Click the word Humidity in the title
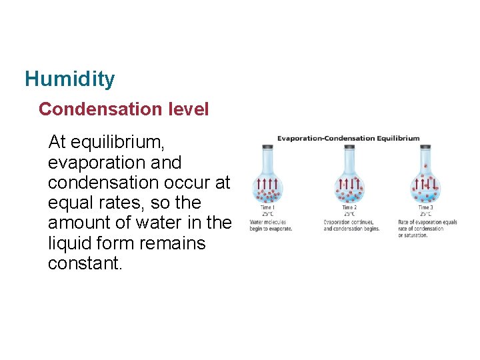point(69,79)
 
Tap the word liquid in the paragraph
point(70,243)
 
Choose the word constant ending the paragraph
point(85,263)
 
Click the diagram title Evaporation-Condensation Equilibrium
point(349,139)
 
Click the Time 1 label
point(266,208)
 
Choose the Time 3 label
point(425,208)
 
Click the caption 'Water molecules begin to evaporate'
point(271,225)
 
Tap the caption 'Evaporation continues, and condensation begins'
point(351,225)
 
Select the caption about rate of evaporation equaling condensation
point(427,228)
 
